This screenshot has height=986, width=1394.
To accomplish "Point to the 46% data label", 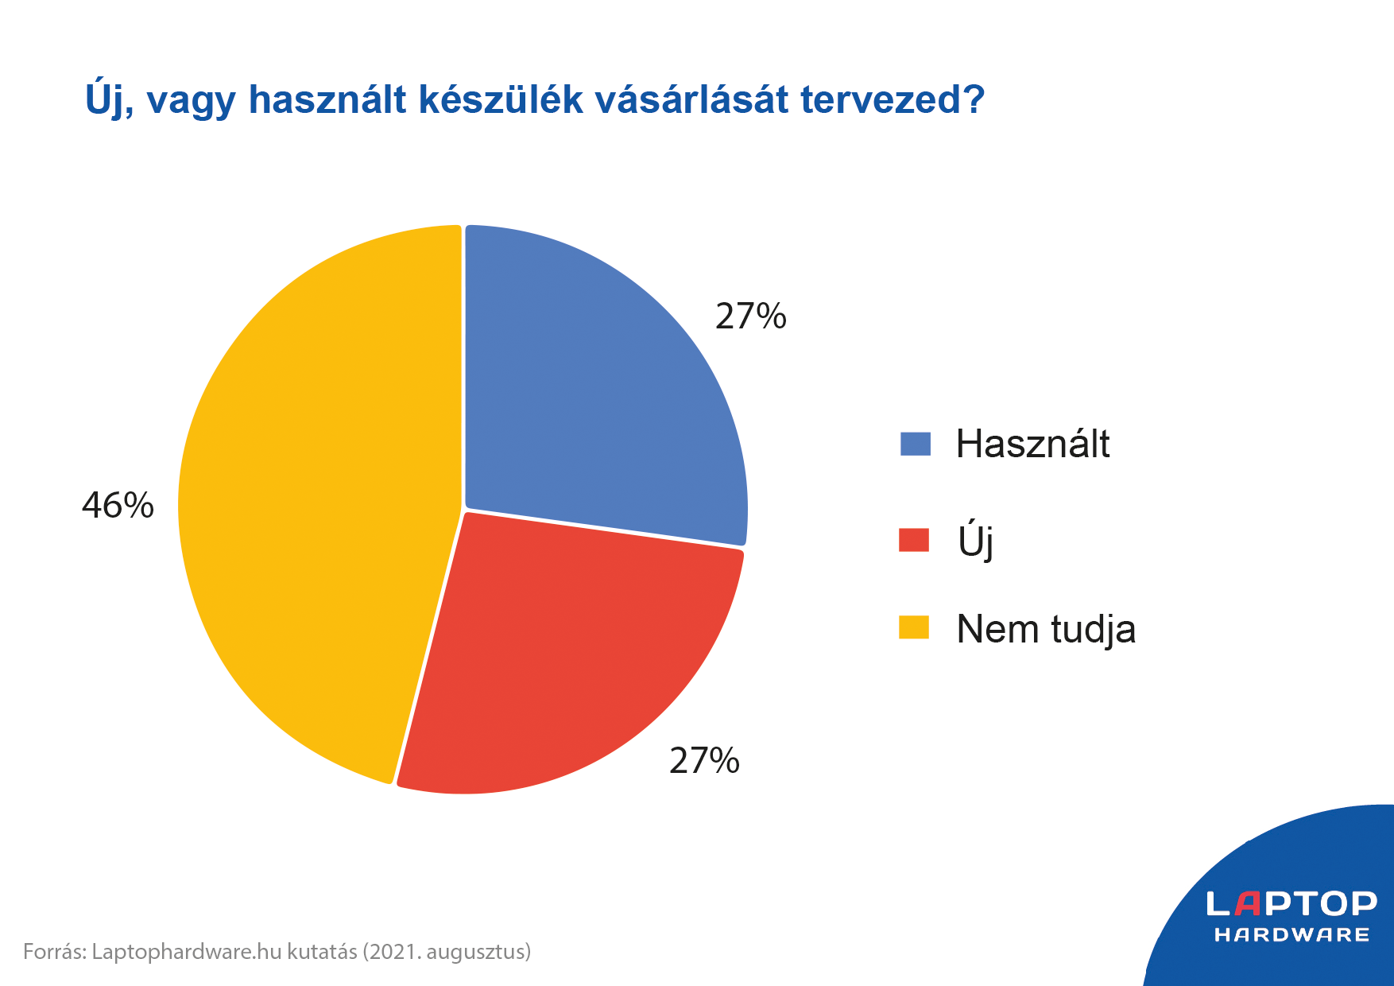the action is pos(118,506).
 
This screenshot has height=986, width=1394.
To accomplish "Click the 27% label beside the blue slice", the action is pos(751,316).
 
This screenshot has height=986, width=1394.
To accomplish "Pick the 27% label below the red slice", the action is pos(704,761).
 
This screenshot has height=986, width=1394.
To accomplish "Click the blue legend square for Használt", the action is pos(915,444).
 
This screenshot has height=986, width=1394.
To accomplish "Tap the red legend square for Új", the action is pos(914,540).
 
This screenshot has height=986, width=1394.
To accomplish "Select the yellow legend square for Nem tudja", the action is pos(914,627).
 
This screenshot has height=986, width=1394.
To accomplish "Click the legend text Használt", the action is pos(1032,444).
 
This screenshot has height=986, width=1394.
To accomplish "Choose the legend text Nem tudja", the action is pos(1046,630).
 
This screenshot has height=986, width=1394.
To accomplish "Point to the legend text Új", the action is pos(976,541).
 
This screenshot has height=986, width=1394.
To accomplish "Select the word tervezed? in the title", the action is pos(893,100).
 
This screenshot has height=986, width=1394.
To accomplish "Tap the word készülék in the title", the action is pos(501,99).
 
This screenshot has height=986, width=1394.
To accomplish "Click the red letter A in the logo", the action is pos(1248,903).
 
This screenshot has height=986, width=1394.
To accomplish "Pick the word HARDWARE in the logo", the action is pos(1292,935).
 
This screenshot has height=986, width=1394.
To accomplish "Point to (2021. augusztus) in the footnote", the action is pos(447,952).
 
